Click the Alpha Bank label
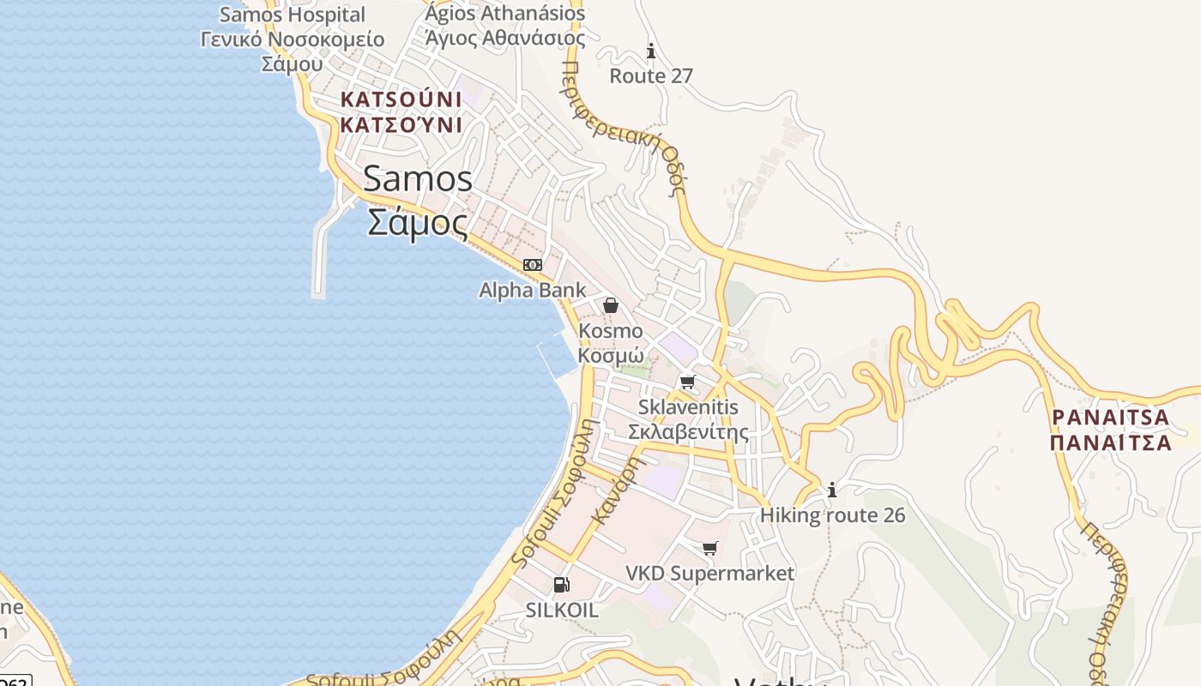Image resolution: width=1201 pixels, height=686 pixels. (532, 291)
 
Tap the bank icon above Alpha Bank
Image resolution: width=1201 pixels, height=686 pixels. (533, 265)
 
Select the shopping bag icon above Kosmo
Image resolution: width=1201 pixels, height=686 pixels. (611, 305)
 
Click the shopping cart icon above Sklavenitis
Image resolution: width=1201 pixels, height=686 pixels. (687, 382)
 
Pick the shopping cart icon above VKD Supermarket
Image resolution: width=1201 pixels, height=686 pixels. (709, 548)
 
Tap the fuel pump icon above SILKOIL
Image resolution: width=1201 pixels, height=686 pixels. (561, 585)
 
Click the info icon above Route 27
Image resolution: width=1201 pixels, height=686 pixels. (651, 51)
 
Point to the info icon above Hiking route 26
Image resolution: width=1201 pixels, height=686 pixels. (831, 490)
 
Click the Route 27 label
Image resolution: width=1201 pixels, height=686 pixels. (651, 76)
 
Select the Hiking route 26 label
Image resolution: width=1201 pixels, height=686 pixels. (832, 515)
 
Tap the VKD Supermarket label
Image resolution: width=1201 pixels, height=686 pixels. (709, 573)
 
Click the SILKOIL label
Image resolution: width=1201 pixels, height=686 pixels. (562, 611)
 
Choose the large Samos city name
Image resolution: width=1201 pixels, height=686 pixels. (418, 179)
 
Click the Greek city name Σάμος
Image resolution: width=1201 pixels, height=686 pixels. (418, 223)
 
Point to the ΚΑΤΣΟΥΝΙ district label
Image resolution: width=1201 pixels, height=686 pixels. (401, 99)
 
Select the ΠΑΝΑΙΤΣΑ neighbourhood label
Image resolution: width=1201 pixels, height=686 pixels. (1110, 418)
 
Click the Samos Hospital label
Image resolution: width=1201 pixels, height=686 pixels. (293, 15)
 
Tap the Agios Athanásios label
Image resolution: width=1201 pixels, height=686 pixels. (505, 14)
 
